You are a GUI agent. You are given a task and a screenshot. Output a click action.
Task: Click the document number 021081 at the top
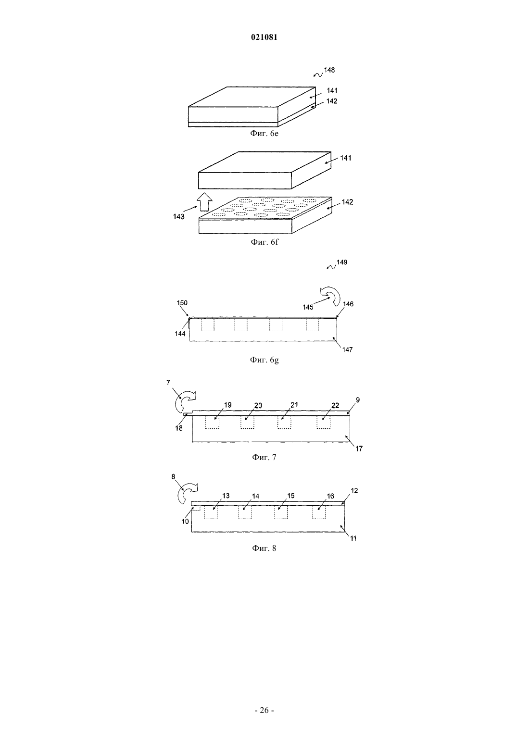tap(264, 37)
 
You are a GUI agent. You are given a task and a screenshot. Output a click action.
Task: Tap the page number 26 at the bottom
tap(264, 710)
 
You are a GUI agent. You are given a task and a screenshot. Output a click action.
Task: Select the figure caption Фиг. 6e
tap(264, 134)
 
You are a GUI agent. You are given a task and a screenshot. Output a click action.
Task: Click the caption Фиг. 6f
tap(264, 242)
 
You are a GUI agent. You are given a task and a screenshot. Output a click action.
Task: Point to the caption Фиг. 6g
tap(264, 360)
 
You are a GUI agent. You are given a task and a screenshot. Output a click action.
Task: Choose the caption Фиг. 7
tap(264, 457)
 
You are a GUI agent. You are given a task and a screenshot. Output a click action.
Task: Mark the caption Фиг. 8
tap(264, 548)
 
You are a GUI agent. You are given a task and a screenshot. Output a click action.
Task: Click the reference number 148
tap(329, 70)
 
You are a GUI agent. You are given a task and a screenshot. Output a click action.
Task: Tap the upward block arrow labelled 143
tap(204, 202)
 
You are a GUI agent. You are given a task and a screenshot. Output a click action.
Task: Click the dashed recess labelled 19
tap(212, 423)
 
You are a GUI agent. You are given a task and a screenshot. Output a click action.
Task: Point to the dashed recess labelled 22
tap(323, 423)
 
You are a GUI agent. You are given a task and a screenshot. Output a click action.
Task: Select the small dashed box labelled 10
tap(196, 508)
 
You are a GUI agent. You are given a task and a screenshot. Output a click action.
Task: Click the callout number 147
tap(347, 349)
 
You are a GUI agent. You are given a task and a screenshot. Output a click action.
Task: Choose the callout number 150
tap(182, 303)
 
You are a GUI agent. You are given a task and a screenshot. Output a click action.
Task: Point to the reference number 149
tap(342, 262)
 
